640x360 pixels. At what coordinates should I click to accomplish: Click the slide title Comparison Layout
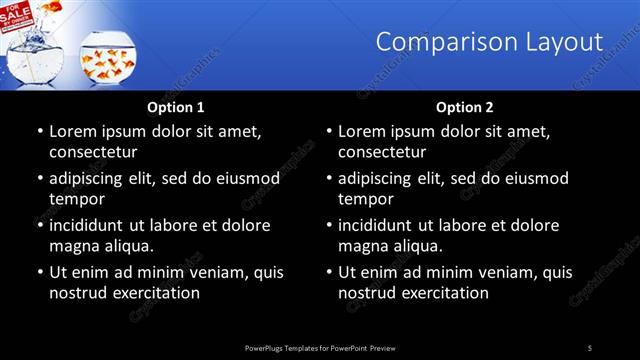pyautogui.click(x=489, y=42)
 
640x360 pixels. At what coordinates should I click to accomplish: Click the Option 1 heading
pyautogui.click(x=176, y=106)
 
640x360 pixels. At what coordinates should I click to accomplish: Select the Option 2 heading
pyautogui.click(x=465, y=106)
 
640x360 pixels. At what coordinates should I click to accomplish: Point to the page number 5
pyautogui.click(x=590, y=347)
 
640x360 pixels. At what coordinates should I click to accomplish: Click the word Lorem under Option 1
pyautogui.click(x=73, y=131)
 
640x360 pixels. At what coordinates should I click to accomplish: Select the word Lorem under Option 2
pyautogui.click(x=362, y=131)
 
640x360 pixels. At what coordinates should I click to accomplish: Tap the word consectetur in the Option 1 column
pyautogui.click(x=92, y=152)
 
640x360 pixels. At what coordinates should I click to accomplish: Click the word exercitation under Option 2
pyautogui.click(x=444, y=293)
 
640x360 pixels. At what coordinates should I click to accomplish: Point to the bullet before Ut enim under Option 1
pyautogui.click(x=39, y=272)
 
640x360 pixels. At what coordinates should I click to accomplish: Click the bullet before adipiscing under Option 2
pyautogui.click(x=328, y=178)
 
